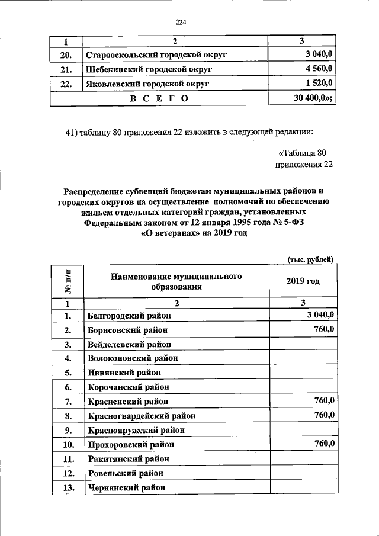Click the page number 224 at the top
pos(181,23)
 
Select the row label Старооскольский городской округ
pos(157,56)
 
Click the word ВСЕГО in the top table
pos(159,98)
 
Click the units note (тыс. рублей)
pos(310,259)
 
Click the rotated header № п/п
pos(68,281)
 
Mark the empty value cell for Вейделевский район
pos(303,344)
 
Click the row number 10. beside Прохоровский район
pos(68,444)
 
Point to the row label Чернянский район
pos(126,488)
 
